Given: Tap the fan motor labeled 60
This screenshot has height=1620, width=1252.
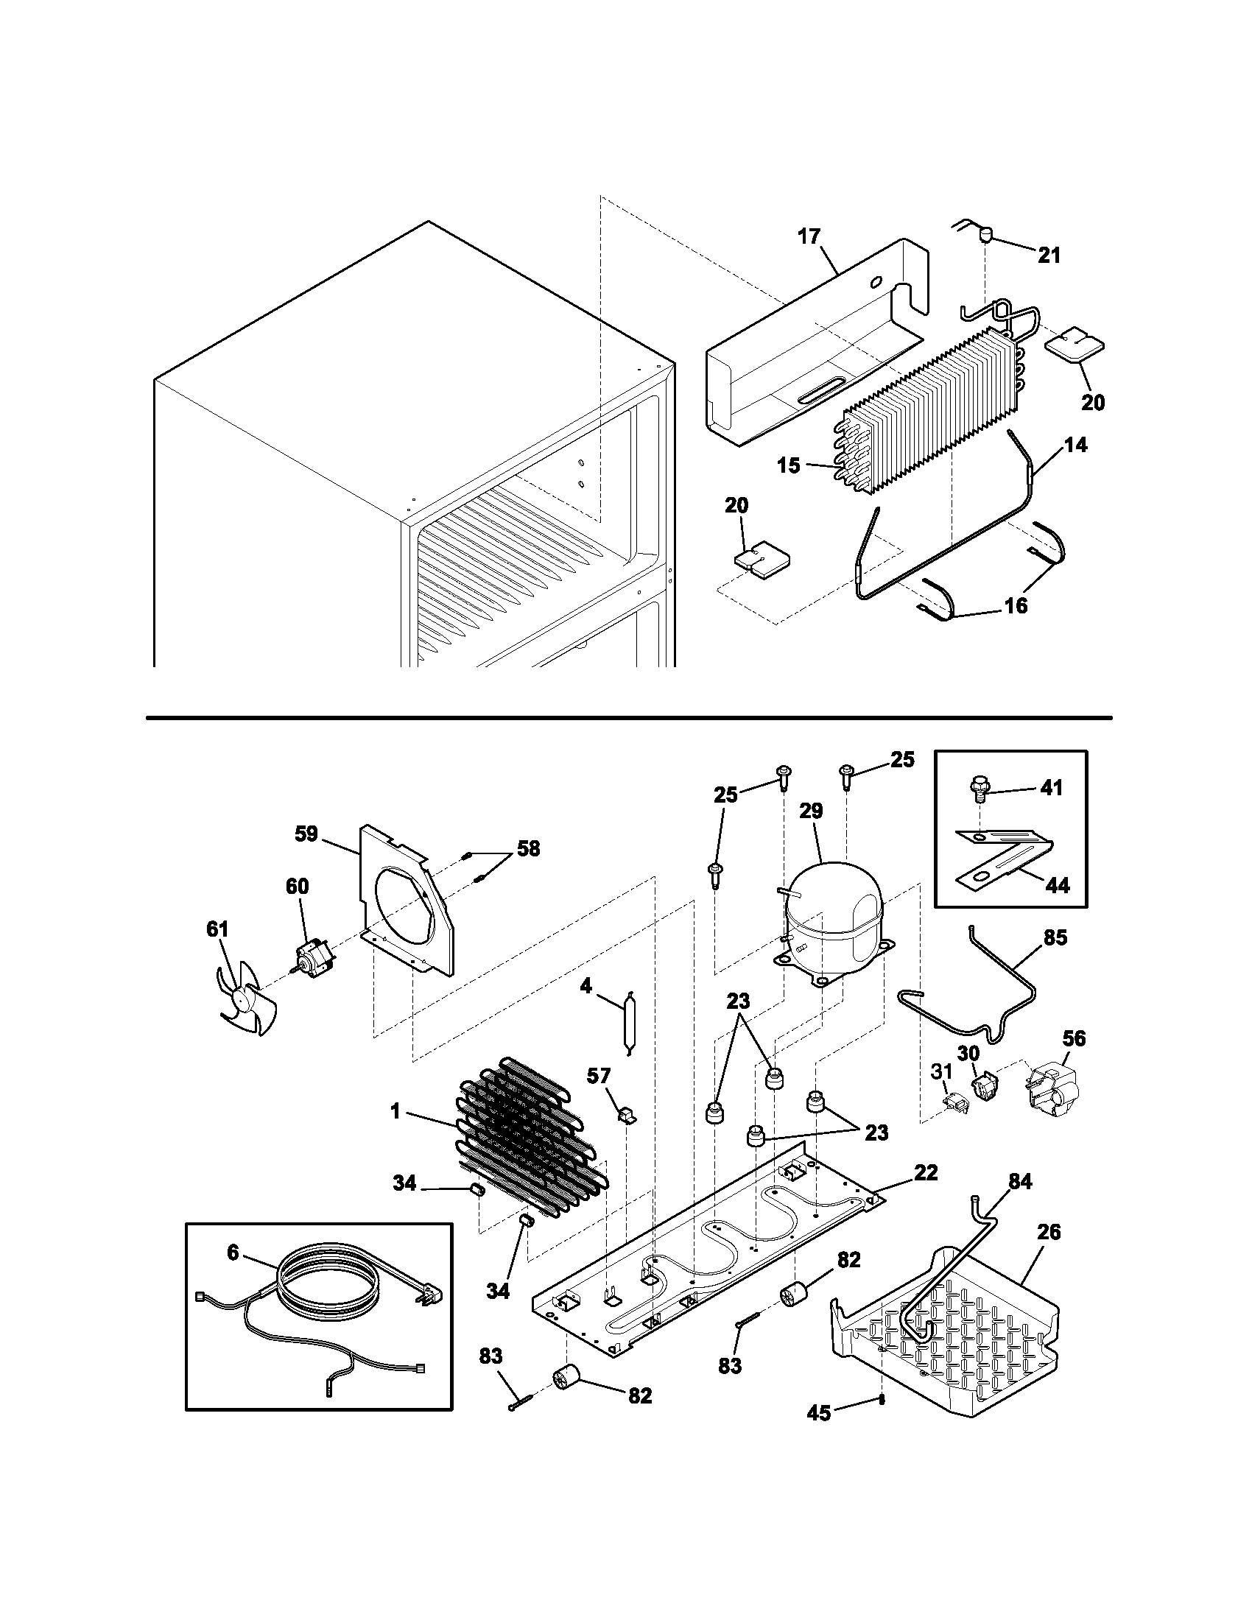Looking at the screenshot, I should click(313, 957).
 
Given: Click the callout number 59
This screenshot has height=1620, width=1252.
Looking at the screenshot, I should click(306, 834).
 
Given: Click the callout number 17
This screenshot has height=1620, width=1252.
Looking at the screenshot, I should click(809, 236).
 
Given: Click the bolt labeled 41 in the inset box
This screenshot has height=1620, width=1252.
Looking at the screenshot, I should click(980, 788).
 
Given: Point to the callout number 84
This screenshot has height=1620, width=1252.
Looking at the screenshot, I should click(1020, 1182).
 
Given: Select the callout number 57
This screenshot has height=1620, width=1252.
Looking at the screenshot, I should click(599, 1076).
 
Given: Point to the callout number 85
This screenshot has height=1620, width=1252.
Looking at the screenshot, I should click(1055, 937).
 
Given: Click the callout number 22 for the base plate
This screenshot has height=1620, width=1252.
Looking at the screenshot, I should click(926, 1173).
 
